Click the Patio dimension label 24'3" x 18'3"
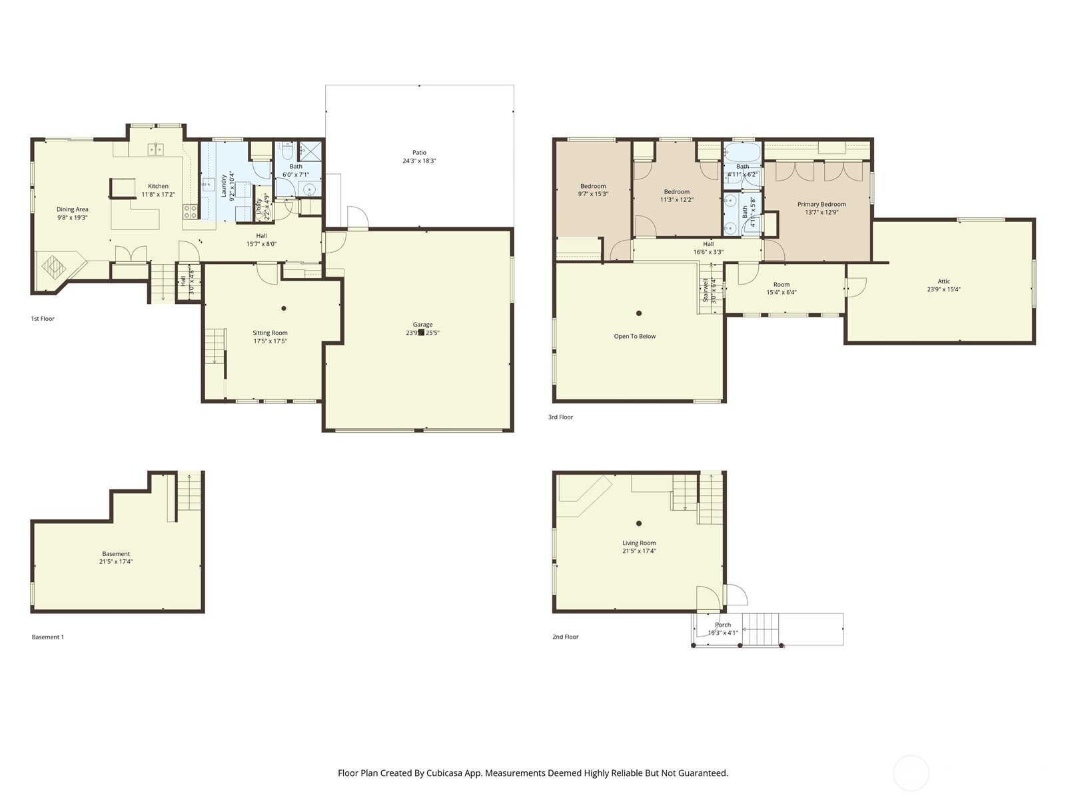point(419,161)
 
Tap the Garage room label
point(422,325)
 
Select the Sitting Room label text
point(270,333)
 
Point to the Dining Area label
point(72,209)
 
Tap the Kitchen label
point(158,186)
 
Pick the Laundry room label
point(224,186)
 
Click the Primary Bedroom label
point(821,204)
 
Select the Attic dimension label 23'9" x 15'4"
point(943,289)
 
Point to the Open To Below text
point(634,336)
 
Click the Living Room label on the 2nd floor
point(639,543)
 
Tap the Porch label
point(723,625)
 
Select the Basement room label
point(116,553)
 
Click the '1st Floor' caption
point(43,319)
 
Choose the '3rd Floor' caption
point(560,417)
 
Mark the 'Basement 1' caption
point(48,637)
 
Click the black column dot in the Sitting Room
point(284,308)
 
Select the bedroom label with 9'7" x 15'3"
point(593,186)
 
